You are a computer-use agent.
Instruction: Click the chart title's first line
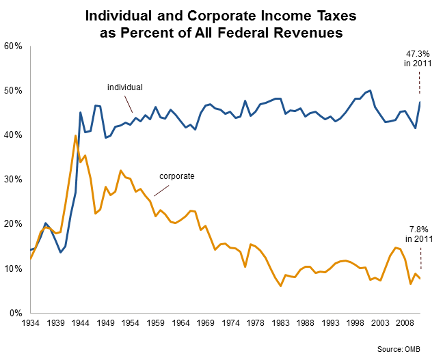pyautogui.click(x=221, y=14)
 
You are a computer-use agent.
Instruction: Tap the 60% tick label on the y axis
pyautogui.click(x=14, y=46)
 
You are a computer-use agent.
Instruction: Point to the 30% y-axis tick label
pyautogui.click(x=14, y=180)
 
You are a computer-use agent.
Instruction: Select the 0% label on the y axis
pyautogui.click(x=16, y=313)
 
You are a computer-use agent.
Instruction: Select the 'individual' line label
pyautogui.click(x=124, y=87)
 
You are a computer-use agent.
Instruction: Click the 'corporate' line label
pyautogui.click(x=177, y=176)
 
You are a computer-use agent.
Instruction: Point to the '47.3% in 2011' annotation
pyautogui.click(x=419, y=59)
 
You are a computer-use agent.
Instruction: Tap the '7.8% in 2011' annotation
pyautogui.click(x=419, y=234)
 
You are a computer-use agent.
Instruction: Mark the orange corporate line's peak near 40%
pyautogui.click(x=75, y=135)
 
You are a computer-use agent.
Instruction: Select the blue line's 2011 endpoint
pyautogui.click(x=420, y=102)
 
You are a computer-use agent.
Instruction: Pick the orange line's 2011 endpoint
pyautogui.click(x=420, y=278)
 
